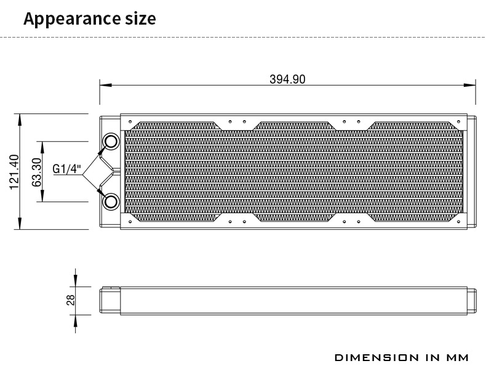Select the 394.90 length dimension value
[287, 79]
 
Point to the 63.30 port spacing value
[36, 172]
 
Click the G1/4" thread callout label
[67, 169]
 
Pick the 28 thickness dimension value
[70, 300]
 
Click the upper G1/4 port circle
[111, 142]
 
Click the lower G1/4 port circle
[111, 201]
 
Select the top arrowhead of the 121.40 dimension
[21, 119]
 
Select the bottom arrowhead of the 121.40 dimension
[21, 226]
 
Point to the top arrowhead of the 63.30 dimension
[42, 145]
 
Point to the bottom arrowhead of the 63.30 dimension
[42, 198]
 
